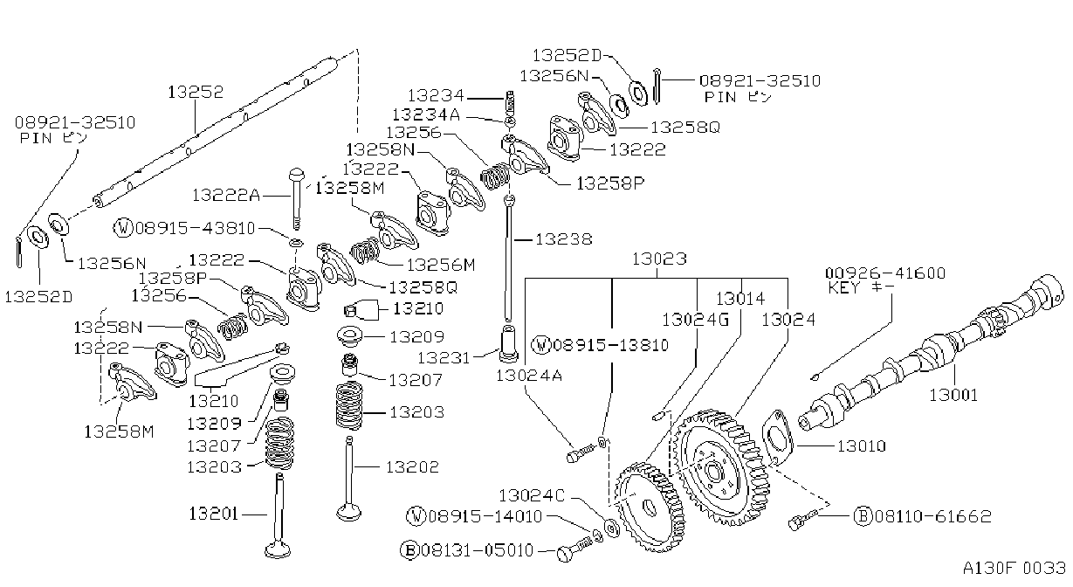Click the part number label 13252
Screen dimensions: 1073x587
(x=196, y=92)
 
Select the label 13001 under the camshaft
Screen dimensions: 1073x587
(x=953, y=395)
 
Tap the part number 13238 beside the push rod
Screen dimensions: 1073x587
(x=564, y=238)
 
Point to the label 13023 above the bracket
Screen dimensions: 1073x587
(x=659, y=259)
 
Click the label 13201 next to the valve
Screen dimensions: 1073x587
(x=214, y=514)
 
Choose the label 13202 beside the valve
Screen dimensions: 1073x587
(x=412, y=466)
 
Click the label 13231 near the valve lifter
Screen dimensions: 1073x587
(x=444, y=357)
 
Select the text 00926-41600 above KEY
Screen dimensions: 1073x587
(x=885, y=273)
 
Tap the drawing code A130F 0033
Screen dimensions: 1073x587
(x=1015, y=568)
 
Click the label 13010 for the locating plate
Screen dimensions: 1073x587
(x=862, y=446)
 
